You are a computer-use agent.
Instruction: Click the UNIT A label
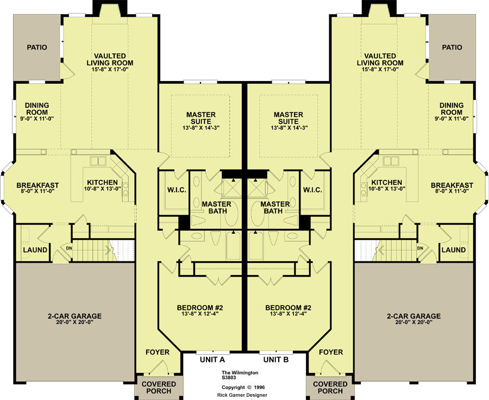tap(212, 360)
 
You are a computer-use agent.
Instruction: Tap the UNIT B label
tap(276, 360)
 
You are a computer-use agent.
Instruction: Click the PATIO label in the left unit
tap(37, 47)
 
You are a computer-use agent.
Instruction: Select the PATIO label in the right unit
tap(452, 47)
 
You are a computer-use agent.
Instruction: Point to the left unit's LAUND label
tap(35, 250)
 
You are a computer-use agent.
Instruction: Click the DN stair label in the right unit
tap(420, 248)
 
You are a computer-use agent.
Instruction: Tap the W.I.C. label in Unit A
tap(177, 190)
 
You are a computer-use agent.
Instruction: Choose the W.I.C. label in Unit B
tap(312, 190)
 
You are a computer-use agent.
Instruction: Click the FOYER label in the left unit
tap(158, 352)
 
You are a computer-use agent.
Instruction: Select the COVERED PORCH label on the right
tap(330, 387)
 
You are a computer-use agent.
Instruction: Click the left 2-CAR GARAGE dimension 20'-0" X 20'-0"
tap(74, 323)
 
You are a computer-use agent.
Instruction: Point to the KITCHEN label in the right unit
tap(387, 183)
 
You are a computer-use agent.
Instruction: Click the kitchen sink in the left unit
tap(98, 161)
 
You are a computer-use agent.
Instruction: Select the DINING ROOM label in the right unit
tap(452, 109)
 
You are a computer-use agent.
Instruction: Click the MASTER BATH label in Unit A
tap(216, 208)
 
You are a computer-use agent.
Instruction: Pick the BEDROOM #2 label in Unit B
tap(288, 308)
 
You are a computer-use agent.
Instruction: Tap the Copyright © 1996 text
tap(243, 387)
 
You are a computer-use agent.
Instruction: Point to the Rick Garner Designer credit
tap(242, 395)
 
